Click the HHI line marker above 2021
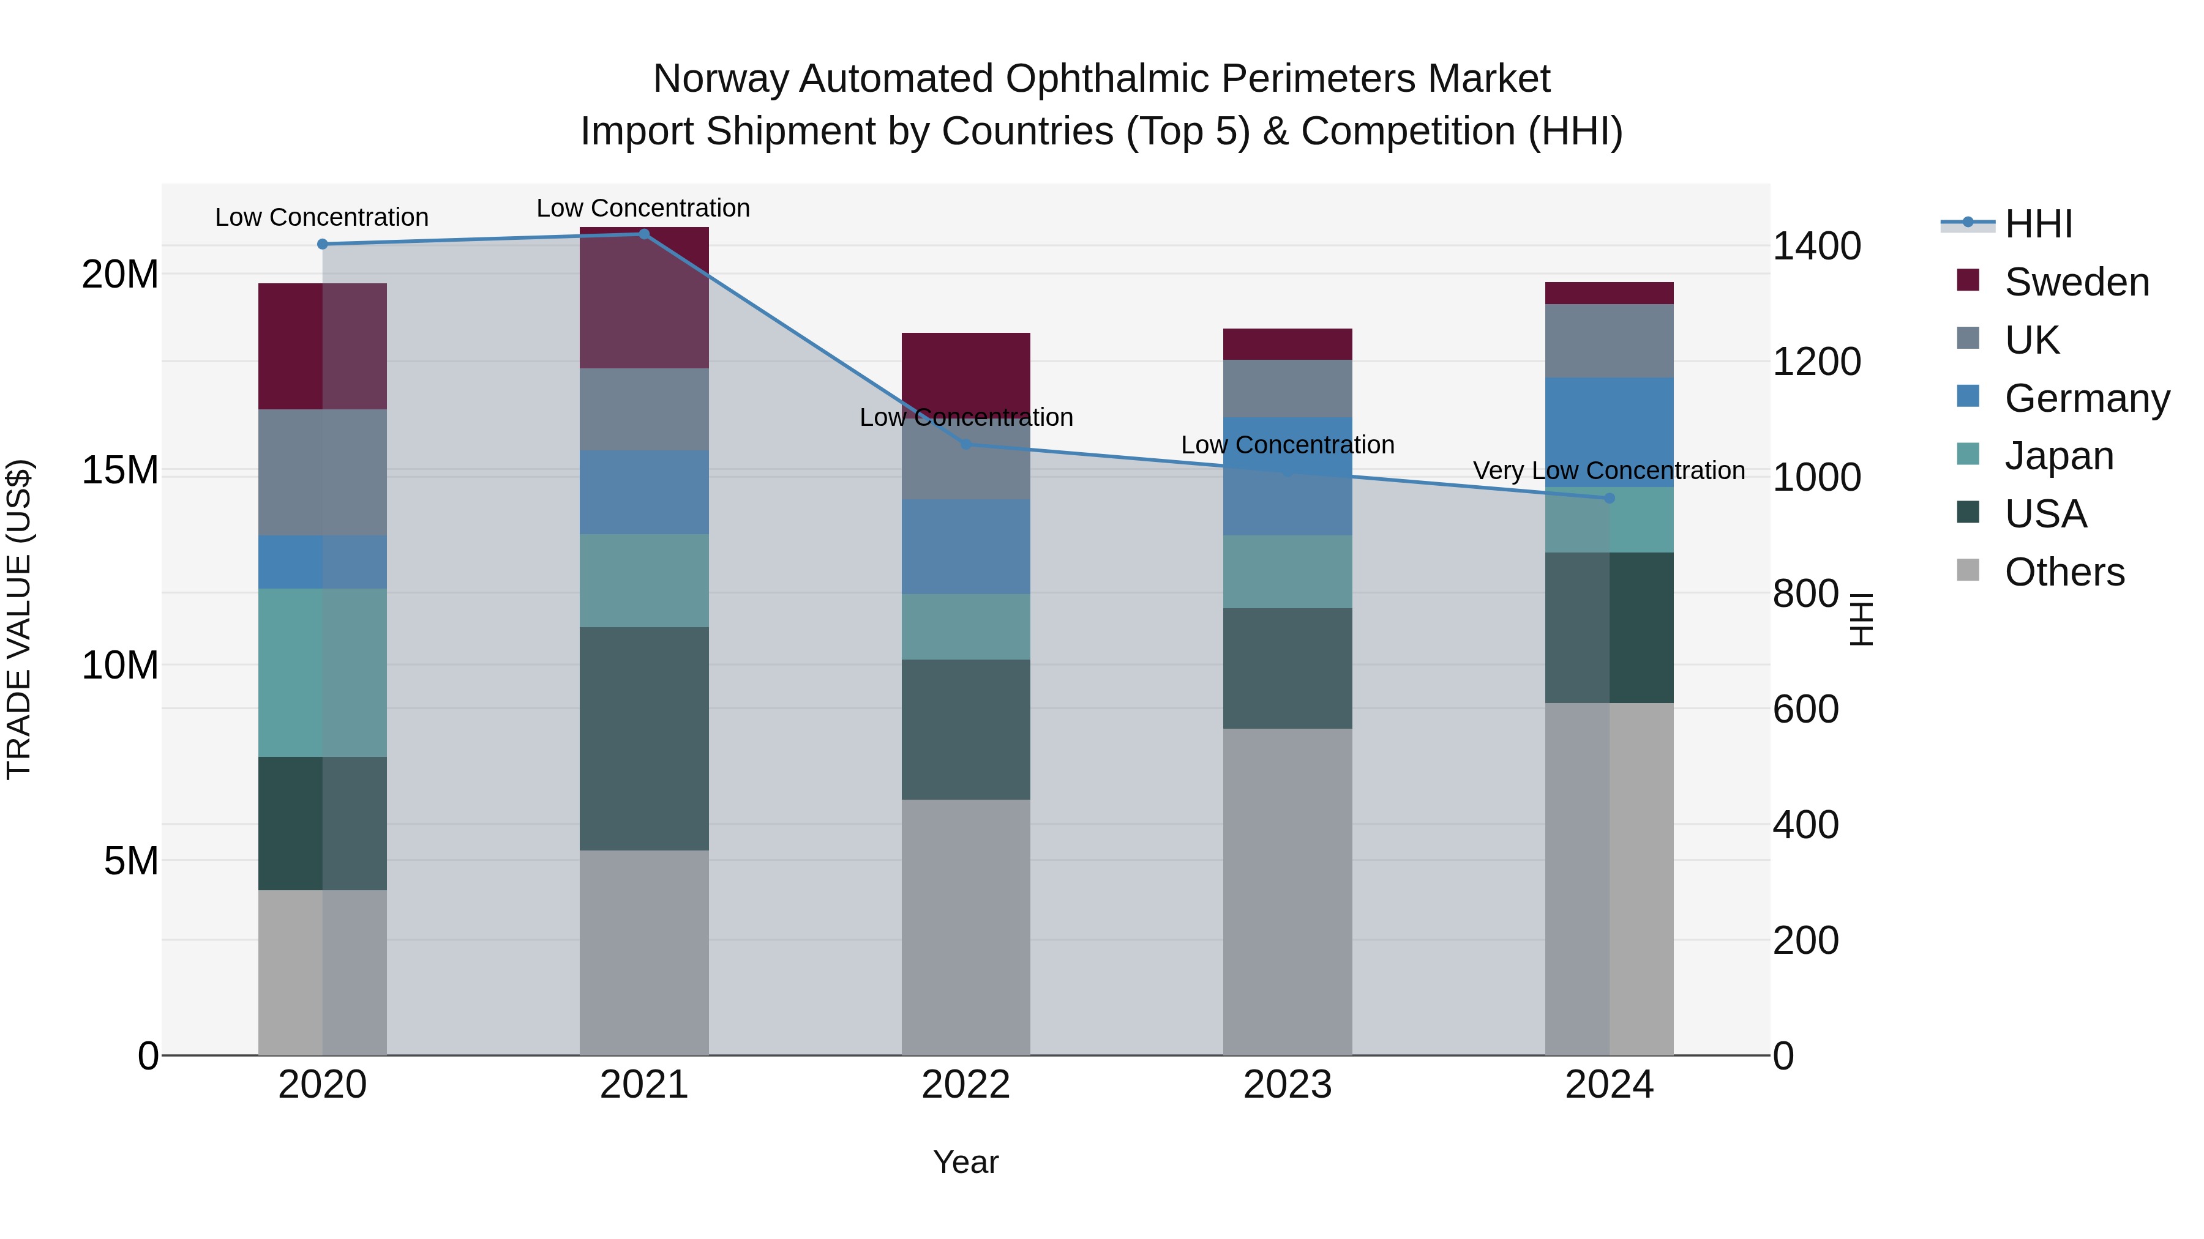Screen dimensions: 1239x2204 [x=644, y=234]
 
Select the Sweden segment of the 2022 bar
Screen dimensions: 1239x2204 [x=966, y=368]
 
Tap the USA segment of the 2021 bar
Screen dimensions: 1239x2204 [x=644, y=739]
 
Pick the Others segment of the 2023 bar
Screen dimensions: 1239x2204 [x=1288, y=892]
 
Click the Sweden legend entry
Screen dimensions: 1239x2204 [x=2077, y=282]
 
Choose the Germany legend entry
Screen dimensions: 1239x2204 [x=2086, y=398]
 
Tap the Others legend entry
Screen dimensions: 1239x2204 [x=2064, y=572]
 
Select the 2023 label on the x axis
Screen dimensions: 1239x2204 [x=1288, y=1085]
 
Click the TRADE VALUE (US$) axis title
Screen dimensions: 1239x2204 [x=19, y=619]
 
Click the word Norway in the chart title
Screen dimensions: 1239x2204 [x=721, y=79]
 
